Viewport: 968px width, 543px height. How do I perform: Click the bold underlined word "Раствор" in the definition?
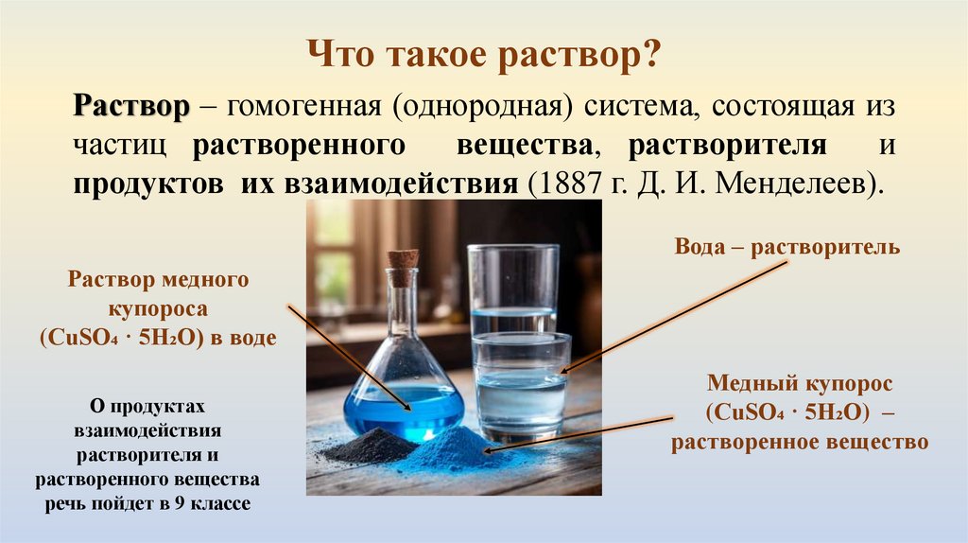point(132,108)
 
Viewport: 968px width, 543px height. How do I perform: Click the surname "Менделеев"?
point(808,182)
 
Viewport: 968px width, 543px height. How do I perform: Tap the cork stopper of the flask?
point(403,267)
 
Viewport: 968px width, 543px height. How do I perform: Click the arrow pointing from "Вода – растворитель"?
point(676,317)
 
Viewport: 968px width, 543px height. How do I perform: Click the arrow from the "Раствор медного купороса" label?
point(350,357)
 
